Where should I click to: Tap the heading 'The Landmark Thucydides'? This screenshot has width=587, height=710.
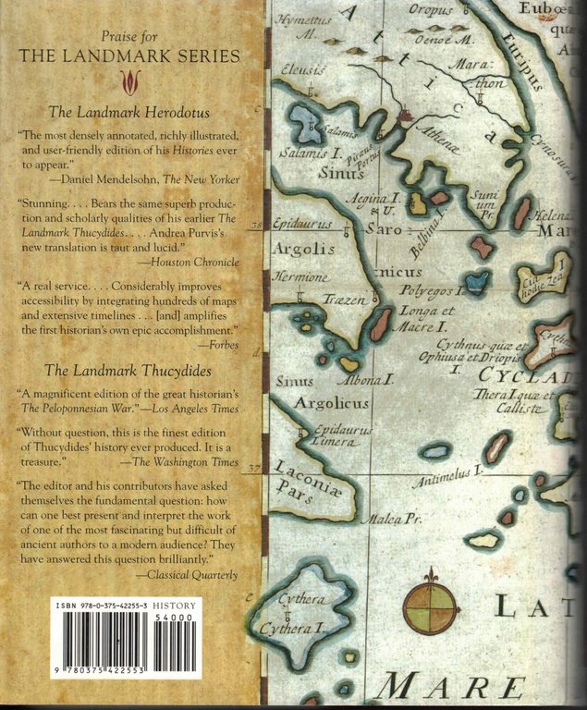pos(130,372)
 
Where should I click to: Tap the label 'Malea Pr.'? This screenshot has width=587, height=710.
pos(391,520)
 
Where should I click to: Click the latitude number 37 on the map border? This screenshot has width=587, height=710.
pos(256,469)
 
